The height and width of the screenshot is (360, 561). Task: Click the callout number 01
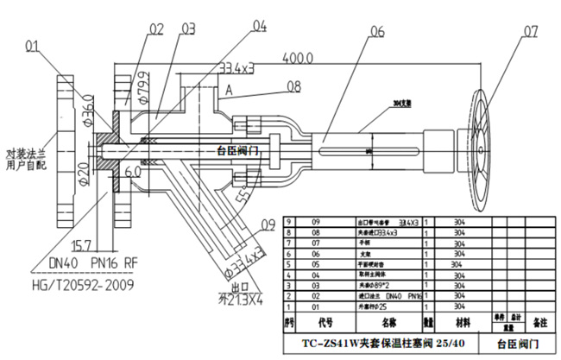(34, 45)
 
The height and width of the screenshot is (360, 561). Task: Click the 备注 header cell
(540, 322)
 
